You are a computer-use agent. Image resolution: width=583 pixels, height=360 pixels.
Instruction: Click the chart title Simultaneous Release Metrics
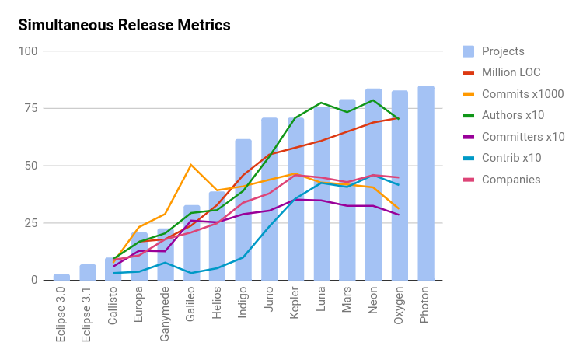click(x=124, y=25)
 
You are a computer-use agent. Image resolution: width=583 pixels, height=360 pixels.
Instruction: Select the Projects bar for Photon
click(x=426, y=183)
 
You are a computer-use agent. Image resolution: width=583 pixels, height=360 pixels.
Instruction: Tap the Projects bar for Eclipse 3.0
click(x=61, y=277)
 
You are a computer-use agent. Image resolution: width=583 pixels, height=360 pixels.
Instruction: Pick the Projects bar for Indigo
click(x=243, y=210)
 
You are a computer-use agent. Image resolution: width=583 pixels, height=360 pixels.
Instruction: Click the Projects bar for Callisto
click(x=113, y=269)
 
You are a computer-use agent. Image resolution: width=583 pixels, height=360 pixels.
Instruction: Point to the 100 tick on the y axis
click(x=29, y=51)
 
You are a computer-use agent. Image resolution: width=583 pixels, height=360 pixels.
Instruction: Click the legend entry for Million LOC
click(x=511, y=72)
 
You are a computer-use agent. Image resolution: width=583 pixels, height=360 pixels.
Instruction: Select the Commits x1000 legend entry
click(x=522, y=94)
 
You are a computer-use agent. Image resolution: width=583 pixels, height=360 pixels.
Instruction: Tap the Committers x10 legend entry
click(x=523, y=137)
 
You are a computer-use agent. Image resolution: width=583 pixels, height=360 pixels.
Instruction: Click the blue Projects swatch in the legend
click(x=468, y=51)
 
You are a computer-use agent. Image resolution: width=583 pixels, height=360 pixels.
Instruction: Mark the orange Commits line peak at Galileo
click(x=191, y=165)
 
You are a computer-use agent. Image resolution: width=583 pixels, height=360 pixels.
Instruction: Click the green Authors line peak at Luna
click(x=321, y=103)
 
